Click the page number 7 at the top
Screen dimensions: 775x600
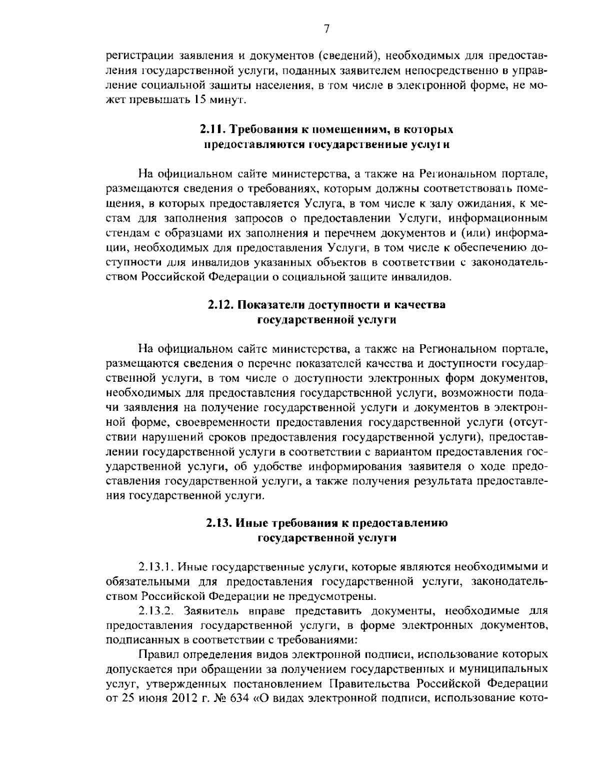click(326, 29)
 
